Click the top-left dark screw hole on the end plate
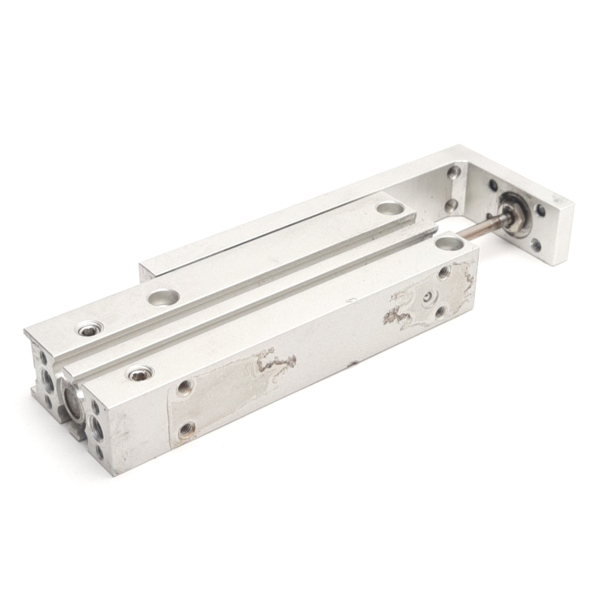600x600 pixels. [493, 183]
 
